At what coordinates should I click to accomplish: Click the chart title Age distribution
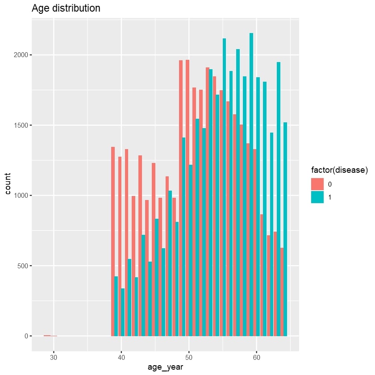click(66, 8)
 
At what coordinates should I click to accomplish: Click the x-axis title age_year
click(165, 367)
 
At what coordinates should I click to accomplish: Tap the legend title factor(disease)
click(339, 170)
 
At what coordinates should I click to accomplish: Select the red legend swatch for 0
click(317, 184)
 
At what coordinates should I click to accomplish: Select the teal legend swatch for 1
click(317, 197)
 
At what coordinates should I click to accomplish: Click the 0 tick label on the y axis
click(25, 336)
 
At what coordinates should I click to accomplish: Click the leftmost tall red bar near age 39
click(112, 241)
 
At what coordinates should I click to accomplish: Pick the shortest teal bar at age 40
click(123, 312)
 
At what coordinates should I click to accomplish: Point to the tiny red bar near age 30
click(47, 335)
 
